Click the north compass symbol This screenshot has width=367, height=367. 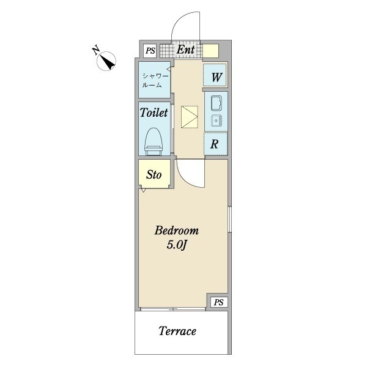(106, 61)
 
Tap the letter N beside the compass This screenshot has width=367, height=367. (96, 50)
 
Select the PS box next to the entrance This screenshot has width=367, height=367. (150, 51)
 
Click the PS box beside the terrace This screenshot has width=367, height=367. (218, 302)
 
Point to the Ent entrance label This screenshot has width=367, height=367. (185, 50)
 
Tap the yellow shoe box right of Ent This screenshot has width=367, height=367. (210, 51)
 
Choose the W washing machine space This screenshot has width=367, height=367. (215, 75)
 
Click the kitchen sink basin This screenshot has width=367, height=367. (217, 103)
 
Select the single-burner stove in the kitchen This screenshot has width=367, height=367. (217, 120)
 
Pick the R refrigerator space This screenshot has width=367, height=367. (215, 144)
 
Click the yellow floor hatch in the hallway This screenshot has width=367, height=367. (190, 117)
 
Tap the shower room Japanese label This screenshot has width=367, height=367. (155, 81)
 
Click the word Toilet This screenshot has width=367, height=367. (154, 113)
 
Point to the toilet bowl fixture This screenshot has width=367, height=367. (154, 141)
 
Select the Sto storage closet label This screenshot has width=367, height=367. (154, 174)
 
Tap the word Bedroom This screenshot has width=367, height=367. (177, 231)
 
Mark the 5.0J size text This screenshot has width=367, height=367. (177, 245)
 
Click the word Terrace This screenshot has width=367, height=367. (177, 331)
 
